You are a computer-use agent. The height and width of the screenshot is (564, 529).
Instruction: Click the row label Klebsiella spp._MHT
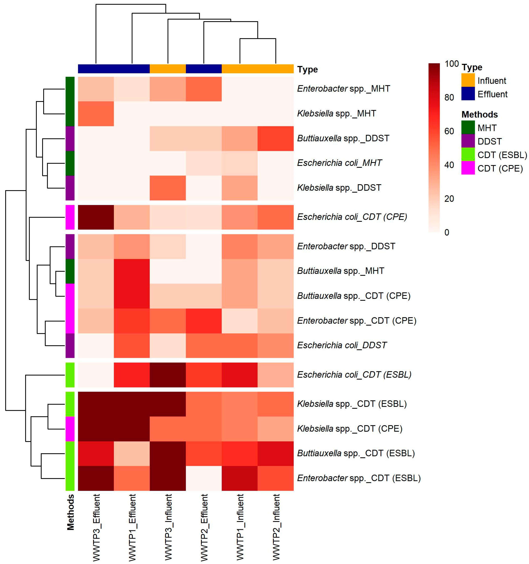[336, 114]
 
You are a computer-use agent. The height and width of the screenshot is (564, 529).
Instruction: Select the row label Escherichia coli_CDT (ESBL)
[354, 375]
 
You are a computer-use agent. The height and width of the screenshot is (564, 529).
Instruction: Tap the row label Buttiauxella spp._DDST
[343, 138]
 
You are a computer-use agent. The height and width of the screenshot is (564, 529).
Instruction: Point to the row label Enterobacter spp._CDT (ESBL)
[358, 478]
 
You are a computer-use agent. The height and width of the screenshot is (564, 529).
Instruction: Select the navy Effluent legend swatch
[468, 94]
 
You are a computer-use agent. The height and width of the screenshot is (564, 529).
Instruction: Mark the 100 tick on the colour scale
[451, 64]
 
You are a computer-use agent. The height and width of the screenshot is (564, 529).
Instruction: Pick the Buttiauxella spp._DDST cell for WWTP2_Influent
[275, 138]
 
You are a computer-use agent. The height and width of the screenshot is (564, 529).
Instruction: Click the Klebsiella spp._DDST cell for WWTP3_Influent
[168, 188]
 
